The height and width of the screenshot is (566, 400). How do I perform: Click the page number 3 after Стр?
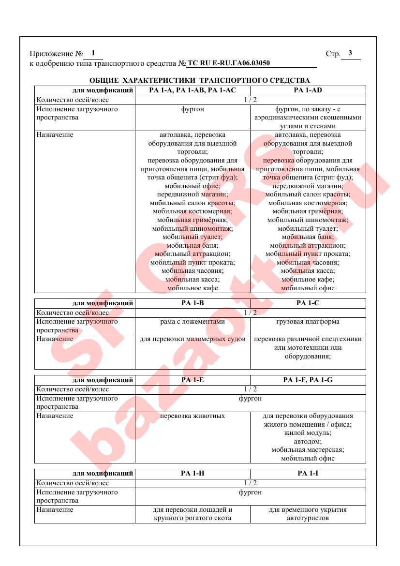tap(350, 53)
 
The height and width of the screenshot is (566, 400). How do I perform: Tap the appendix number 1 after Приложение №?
tap(93, 53)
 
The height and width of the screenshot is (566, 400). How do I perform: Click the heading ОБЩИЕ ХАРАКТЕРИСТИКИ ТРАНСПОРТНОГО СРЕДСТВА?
tap(200, 80)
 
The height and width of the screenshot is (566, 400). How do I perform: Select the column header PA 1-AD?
tap(308, 90)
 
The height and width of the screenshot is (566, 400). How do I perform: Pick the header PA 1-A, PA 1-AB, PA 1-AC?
tap(192, 90)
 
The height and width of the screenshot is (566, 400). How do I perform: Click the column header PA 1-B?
tap(192, 303)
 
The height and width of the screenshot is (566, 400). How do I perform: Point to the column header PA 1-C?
tap(308, 303)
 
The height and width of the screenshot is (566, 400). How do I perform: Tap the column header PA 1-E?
tap(192, 380)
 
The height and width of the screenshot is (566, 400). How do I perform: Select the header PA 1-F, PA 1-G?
tap(308, 380)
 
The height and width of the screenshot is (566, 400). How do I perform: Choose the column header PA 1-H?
tap(192, 473)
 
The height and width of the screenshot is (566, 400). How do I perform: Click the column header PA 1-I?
tap(308, 473)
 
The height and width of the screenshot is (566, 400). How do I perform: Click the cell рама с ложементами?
tap(193, 322)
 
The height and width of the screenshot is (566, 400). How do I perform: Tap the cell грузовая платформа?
tap(308, 322)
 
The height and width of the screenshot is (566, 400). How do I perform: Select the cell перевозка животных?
tap(193, 416)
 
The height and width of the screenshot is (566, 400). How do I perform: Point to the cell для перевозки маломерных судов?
tap(193, 339)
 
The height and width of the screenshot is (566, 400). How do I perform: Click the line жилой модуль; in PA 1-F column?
tap(308, 433)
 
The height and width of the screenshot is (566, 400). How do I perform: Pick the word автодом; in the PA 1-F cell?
tap(308, 441)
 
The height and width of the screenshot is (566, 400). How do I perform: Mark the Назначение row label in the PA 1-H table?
tap(55, 509)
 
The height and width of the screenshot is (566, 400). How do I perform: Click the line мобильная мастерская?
tap(308, 450)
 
